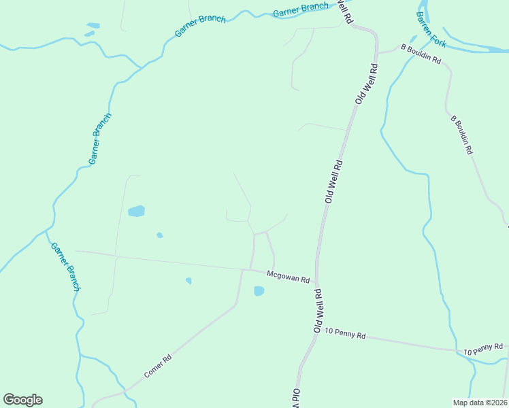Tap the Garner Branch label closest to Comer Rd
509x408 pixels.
point(66,267)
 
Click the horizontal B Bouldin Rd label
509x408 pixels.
point(421,54)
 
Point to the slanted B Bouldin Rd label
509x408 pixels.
point(461,135)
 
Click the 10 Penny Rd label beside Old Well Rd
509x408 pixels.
point(346,335)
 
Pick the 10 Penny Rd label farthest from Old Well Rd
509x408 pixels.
point(482,349)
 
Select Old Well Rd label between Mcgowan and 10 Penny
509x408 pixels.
point(318,310)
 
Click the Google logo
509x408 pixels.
point(22,400)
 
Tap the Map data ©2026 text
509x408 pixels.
point(480,402)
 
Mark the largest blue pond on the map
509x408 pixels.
point(137,211)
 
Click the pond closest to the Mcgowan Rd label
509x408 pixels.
point(259,291)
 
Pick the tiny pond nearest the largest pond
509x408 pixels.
point(160,235)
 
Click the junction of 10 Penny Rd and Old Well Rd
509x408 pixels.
point(312,333)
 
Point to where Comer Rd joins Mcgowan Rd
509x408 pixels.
point(242,270)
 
